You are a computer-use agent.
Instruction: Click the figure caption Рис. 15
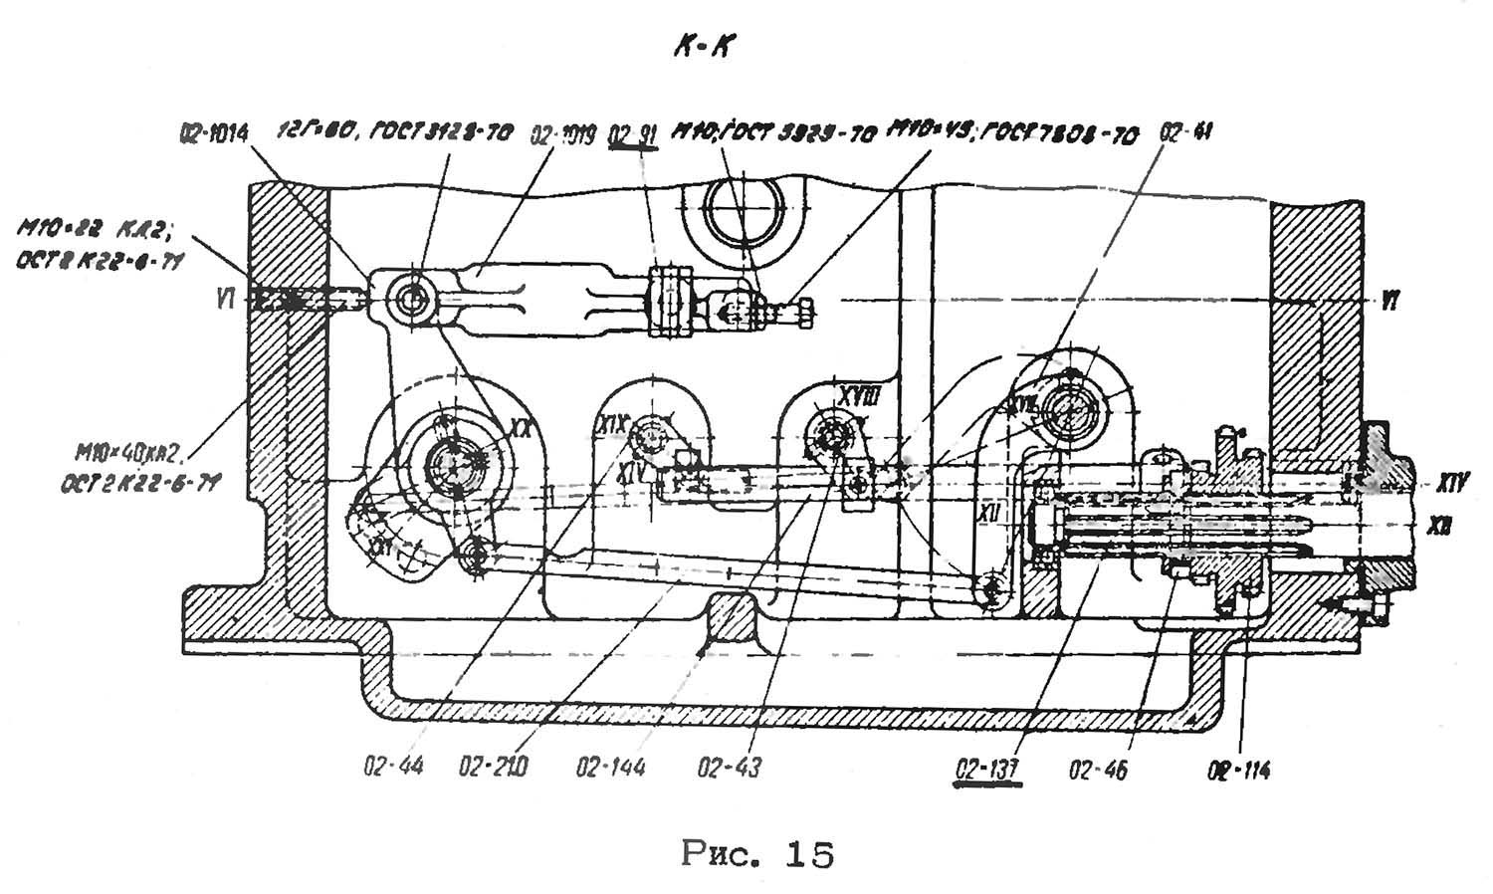757,854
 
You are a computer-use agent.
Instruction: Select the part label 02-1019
562,134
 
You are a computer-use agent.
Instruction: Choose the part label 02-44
394,767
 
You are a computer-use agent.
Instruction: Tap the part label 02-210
494,767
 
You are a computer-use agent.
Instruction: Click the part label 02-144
610,767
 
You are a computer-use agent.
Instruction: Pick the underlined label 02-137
986,769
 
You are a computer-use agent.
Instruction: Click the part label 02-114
1239,769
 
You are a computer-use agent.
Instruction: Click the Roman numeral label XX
519,427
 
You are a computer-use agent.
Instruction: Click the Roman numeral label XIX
614,426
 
